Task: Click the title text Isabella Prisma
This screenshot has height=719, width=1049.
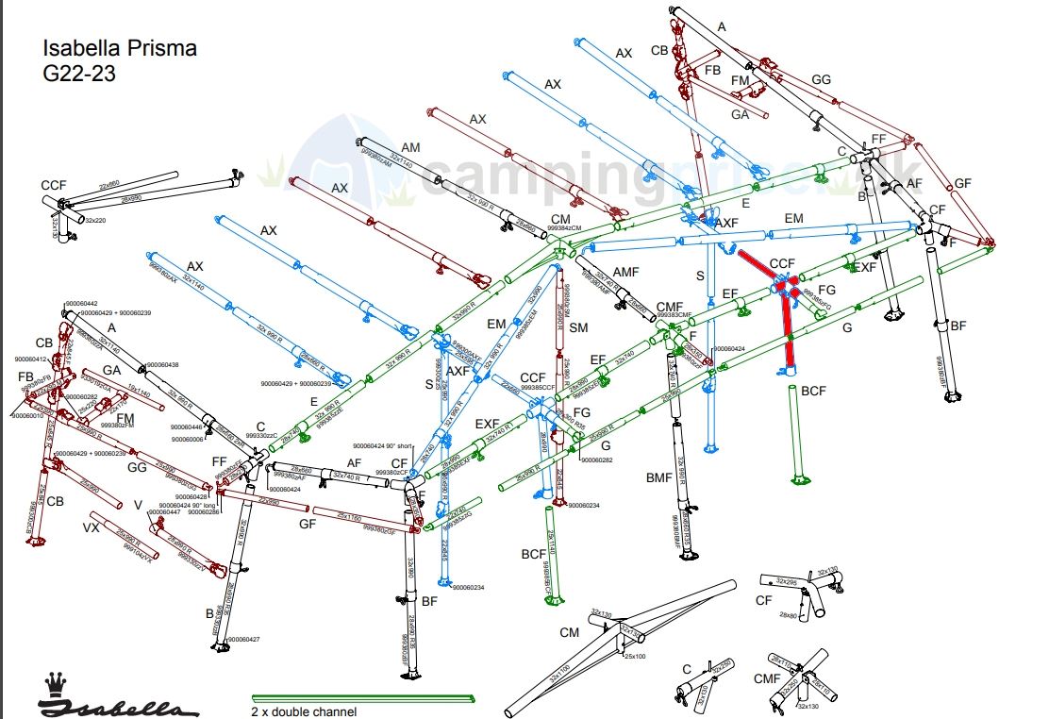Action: click(120, 48)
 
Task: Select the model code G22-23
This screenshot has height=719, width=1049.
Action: click(79, 74)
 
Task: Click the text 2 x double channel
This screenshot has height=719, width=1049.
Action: click(304, 711)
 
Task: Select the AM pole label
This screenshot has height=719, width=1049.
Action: click(410, 147)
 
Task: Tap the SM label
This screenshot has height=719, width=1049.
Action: click(578, 327)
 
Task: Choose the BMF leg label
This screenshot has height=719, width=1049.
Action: click(658, 477)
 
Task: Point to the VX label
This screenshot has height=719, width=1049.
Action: click(92, 527)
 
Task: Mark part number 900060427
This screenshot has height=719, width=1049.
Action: click(243, 639)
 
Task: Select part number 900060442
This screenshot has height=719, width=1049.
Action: click(82, 303)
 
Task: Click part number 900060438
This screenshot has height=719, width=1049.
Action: click(162, 364)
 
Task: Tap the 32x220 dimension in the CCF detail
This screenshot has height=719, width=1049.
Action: click(96, 220)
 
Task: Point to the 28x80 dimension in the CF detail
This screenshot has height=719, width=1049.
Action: click(790, 614)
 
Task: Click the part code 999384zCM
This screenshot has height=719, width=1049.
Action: click(564, 228)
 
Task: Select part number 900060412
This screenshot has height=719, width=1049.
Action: click(31, 359)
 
